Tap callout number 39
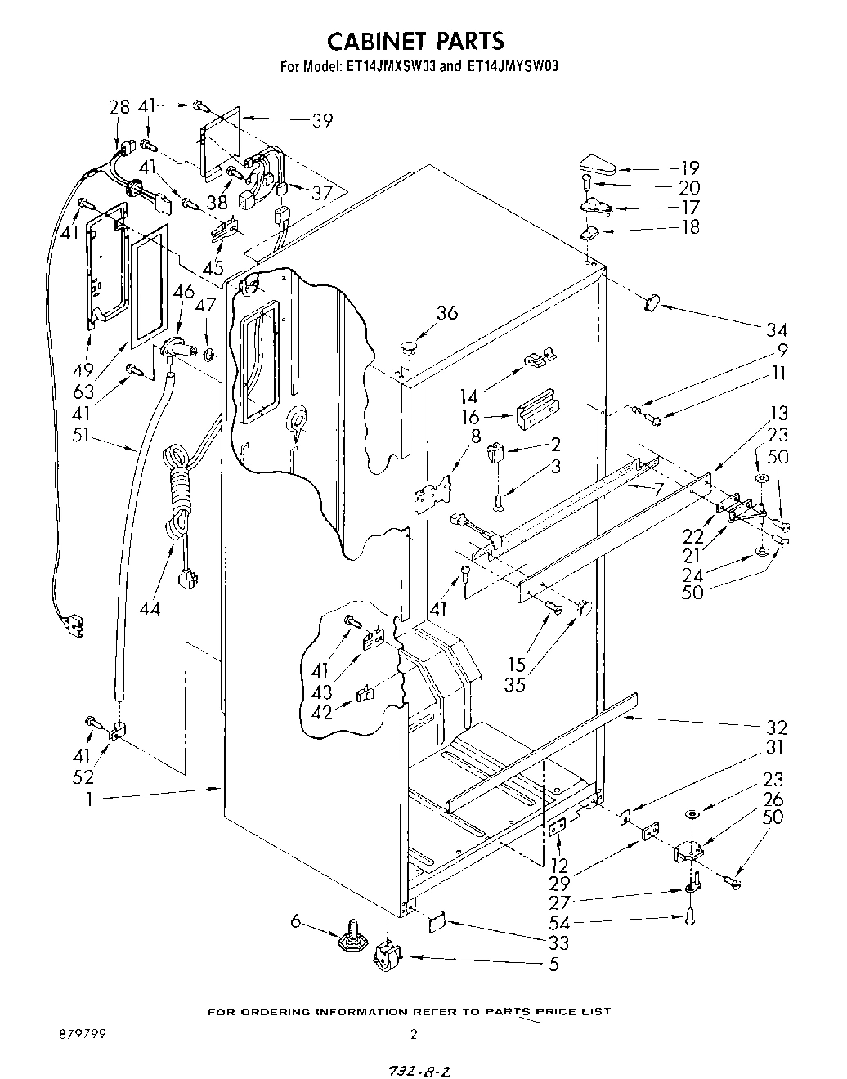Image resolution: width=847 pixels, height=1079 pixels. [322, 120]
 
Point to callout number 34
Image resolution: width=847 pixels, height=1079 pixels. [776, 329]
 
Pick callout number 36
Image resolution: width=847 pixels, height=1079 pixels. [446, 313]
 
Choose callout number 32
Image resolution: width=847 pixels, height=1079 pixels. [776, 727]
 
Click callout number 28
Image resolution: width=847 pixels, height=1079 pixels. [119, 107]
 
